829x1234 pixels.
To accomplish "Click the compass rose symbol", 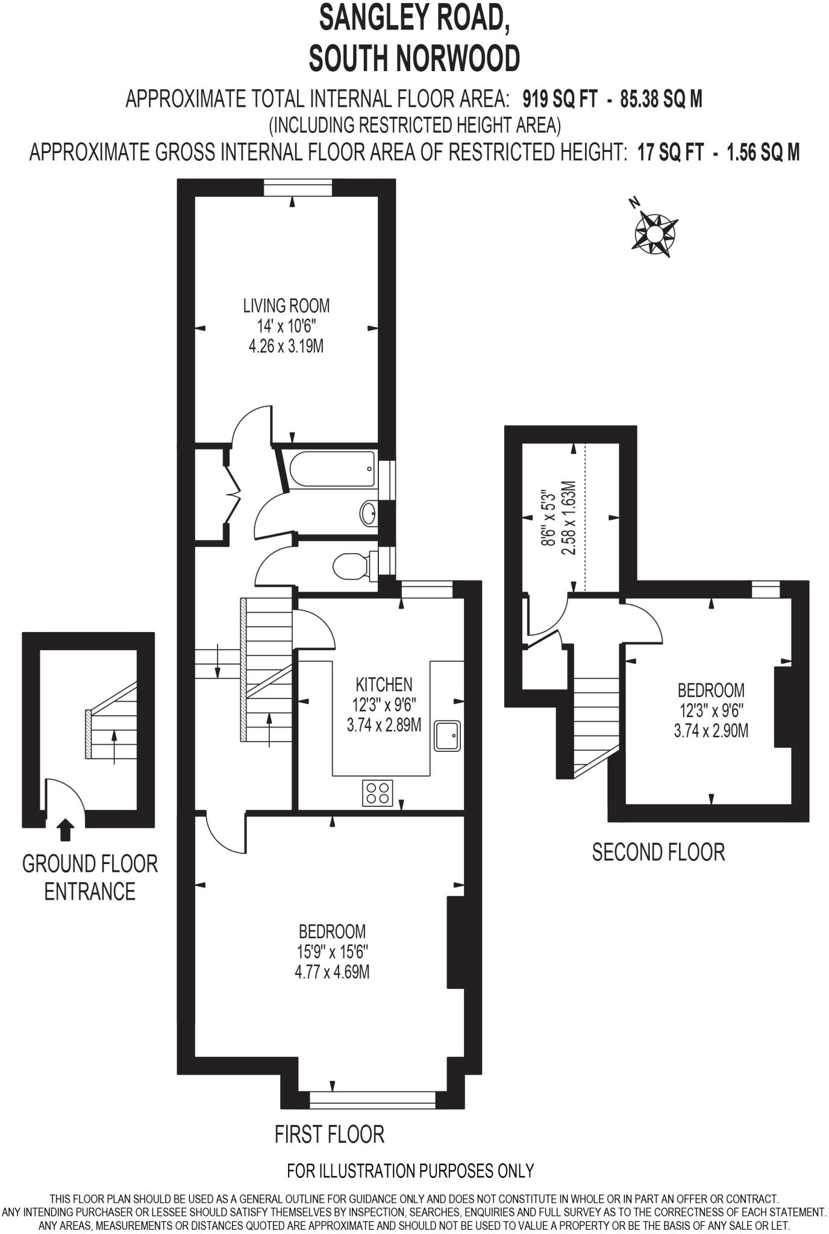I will [654, 233].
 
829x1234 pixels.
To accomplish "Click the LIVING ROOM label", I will [286, 305].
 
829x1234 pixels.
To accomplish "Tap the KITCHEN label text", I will [384, 684].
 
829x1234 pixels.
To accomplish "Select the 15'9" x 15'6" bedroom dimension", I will [333, 952].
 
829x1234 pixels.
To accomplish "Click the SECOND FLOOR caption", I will [658, 852].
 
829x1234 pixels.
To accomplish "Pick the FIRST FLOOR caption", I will [329, 1134].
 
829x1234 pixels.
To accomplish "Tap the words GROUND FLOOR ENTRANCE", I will [90, 877].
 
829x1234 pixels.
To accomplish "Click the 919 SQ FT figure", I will [560, 99].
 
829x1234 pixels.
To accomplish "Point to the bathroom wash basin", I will [369, 514].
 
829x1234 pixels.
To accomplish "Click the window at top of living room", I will [298, 188].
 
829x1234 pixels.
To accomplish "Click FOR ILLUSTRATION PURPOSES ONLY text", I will [410, 1171].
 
